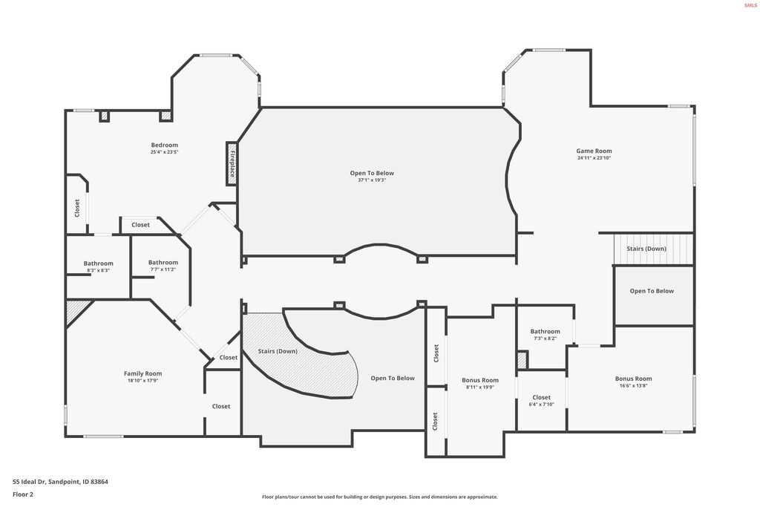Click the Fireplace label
[232, 163]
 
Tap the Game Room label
[594, 151]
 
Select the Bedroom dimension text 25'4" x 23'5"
[164, 152]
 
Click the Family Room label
[142, 373]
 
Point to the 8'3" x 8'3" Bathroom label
[98, 264]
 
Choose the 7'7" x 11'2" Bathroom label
[163, 262]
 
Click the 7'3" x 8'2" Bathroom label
[545, 331]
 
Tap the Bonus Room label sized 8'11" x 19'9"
[480, 380]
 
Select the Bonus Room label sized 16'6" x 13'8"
[633, 379]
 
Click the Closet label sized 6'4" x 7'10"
[542, 397]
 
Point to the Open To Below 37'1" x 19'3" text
[372, 173]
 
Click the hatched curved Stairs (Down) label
[278, 350]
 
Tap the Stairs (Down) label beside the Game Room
[646, 249]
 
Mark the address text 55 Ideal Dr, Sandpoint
[60, 482]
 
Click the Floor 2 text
[23, 494]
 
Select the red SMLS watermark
[750, 5]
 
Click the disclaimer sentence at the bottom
[379, 497]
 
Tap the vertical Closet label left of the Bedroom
[76, 208]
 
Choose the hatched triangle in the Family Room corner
[75, 310]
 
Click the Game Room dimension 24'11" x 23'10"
[594, 158]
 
